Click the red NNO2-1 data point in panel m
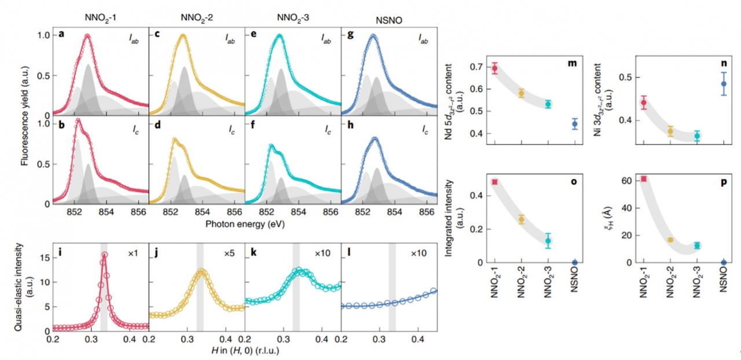coord(494,68)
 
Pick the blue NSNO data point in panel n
coord(724,83)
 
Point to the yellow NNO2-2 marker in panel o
coord(522,219)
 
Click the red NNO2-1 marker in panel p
coord(643,179)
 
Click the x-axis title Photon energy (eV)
coord(245,223)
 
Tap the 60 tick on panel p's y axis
coord(625,181)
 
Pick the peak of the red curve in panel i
coord(104,254)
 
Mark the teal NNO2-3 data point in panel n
coord(697,136)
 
